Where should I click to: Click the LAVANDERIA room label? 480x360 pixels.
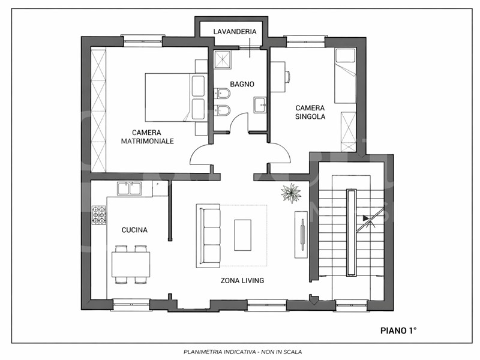tap(235, 32)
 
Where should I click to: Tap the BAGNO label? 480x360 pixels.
tap(242, 84)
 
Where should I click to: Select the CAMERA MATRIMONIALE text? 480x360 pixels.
tap(147, 137)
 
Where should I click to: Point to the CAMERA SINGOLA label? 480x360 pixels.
tap(310, 112)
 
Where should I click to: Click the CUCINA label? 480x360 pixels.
tap(134, 230)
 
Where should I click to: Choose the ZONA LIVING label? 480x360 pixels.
tap(242, 280)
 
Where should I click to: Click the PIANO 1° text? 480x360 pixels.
tap(398, 331)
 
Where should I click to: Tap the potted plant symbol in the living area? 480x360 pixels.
tap(291, 193)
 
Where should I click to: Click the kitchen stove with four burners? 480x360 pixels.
tap(99, 215)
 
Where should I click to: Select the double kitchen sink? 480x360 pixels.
tap(129, 188)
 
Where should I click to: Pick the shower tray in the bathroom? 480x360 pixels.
tap(223, 59)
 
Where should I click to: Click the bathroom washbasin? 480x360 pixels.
tap(260, 106)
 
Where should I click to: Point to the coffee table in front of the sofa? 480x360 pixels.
tap(243, 235)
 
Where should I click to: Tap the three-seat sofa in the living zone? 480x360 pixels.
tap(208, 236)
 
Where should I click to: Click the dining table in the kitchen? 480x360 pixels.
tap(131, 264)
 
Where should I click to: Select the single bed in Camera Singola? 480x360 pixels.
tap(346, 76)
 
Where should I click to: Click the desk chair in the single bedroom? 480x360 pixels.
tap(288, 77)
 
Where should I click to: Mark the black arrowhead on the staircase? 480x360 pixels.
tap(365, 218)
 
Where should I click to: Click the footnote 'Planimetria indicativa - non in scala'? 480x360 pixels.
tap(242, 352)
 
